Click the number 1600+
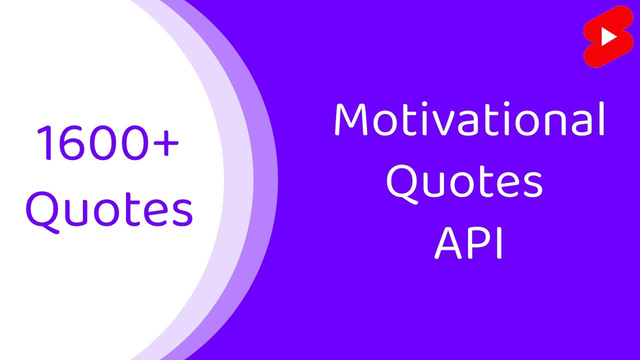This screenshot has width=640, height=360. pyautogui.click(x=107, y=143)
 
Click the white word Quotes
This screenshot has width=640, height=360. pyautogui.click(x=464, y=182)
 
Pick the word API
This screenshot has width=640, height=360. pyautogui.click(x=468, y=243)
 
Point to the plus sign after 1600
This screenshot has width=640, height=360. pyautogui.click(x=164, y=143)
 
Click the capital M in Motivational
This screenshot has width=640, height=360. pyautogui.click(x=352, y=120)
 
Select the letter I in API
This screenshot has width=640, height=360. pyautogui.click(x=498, y=243)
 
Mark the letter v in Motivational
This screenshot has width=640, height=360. pyautogui.click(x=446, y=124)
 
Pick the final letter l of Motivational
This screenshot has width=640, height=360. pyautogui.click(x=602, y=118)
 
